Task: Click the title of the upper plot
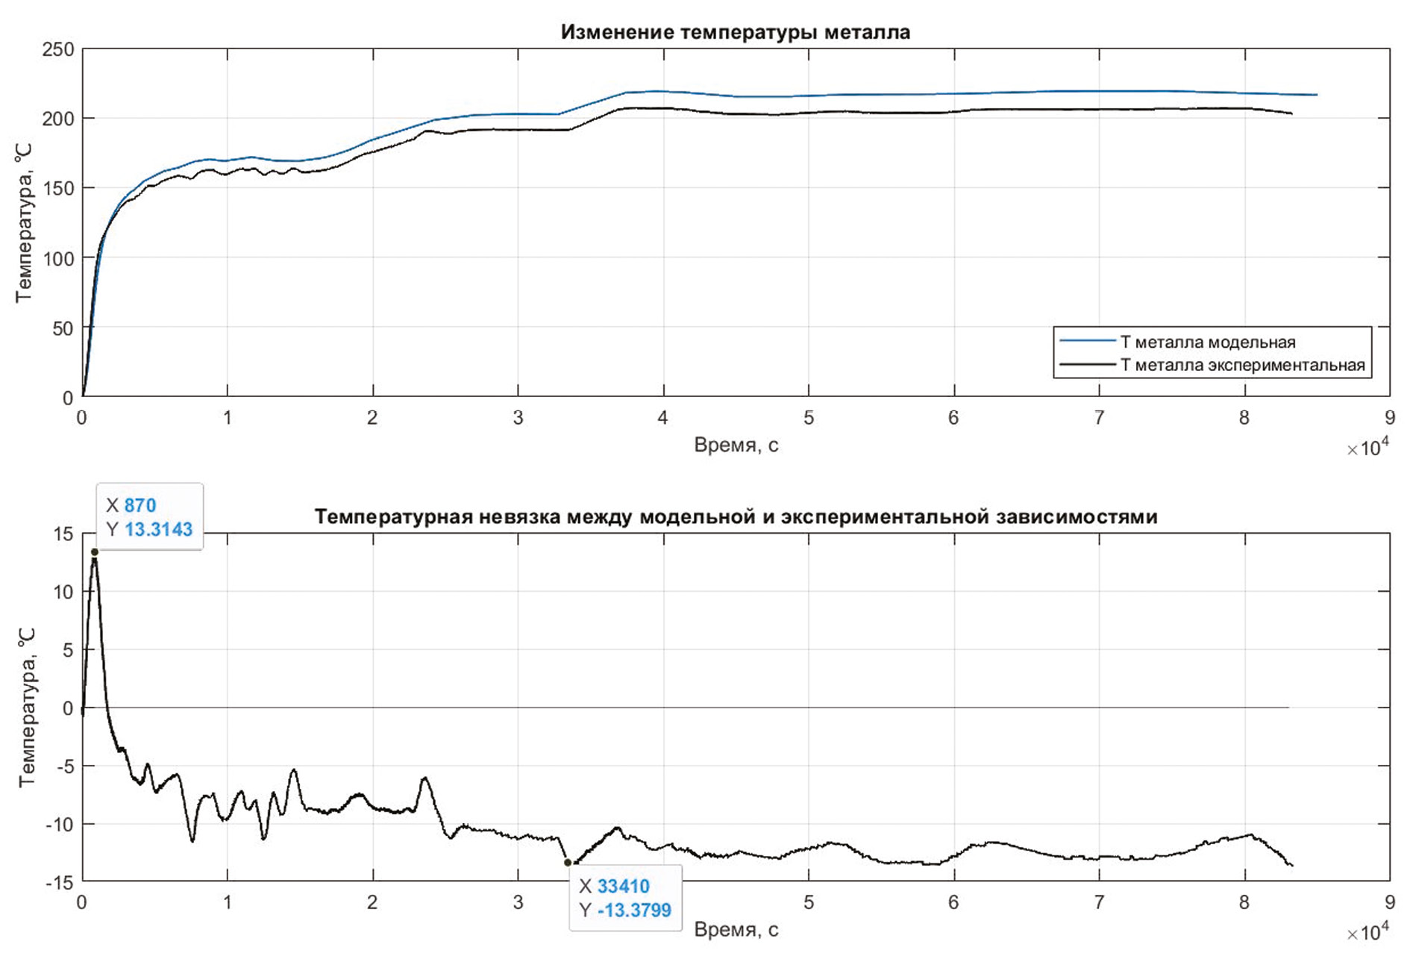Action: (x=735, y=32)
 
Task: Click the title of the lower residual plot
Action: (x=735, y=516)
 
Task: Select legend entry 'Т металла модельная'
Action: (x=1207, y=342)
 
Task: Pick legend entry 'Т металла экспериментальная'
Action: (x=1242, y=365)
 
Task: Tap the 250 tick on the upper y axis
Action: (x=58, y=49)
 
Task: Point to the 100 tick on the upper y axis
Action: (x=58, y=258)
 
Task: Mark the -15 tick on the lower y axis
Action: (x=60, y=882)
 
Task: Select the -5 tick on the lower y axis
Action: (x=63, y=766)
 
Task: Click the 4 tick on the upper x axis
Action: (x=662, y=418)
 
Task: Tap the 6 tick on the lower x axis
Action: (x=953, y=902)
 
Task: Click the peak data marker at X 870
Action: (x=95, y=552)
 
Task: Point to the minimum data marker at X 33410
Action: (x=568, y=863)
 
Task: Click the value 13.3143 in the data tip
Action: (x=158, y=529)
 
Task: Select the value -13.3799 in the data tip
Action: (x=634, y=910)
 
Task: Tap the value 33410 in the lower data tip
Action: (x=623, y=886)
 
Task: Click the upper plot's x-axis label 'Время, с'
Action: (x=736, y=445)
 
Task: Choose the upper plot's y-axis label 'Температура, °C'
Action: (x=24, y=224)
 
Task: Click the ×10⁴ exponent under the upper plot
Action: (x=1367, y=449)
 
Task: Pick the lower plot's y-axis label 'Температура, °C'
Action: (x=26, y=707)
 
